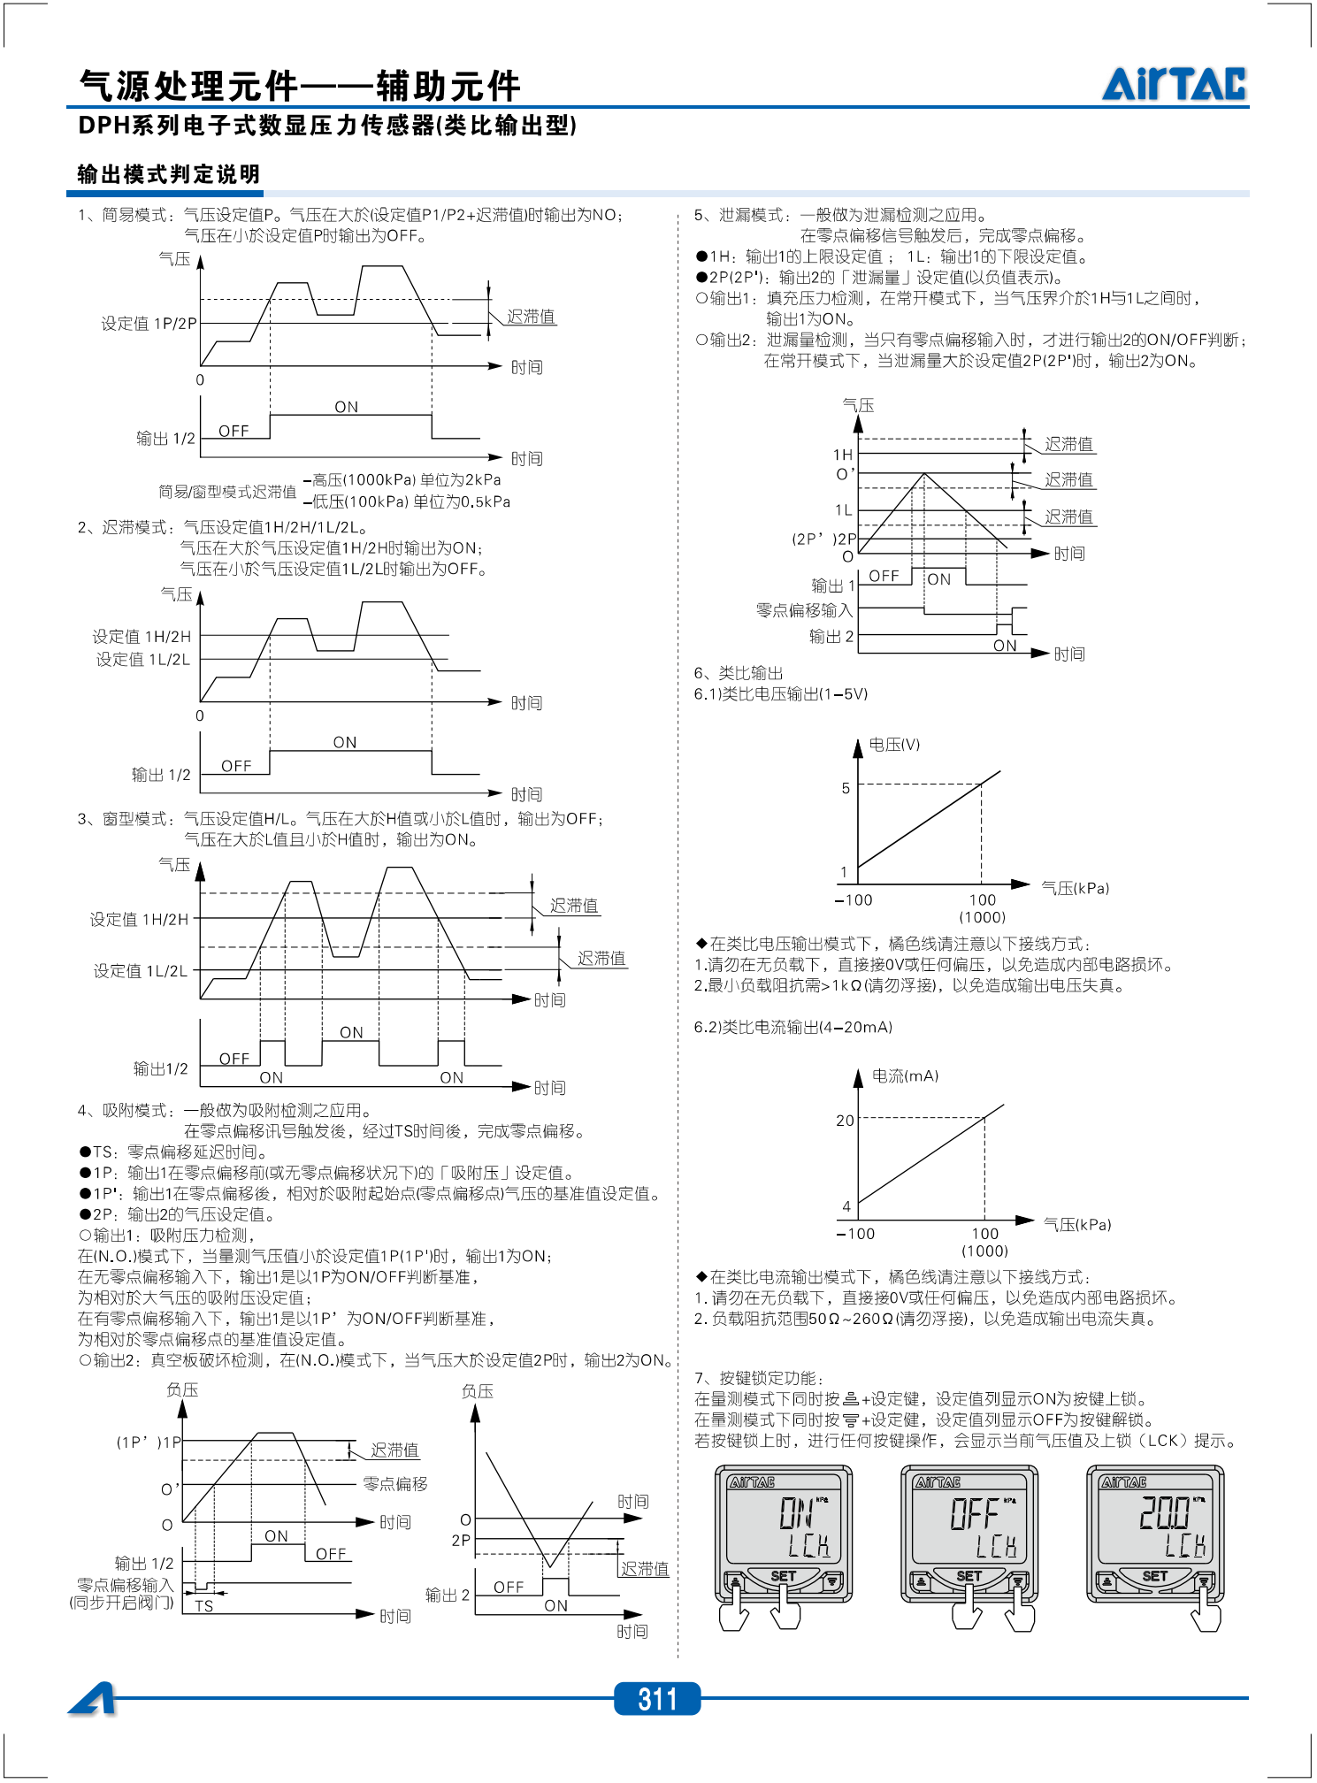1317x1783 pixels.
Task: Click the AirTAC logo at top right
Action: pos(1174,84)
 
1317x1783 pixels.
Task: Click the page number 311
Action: pos(657,1699)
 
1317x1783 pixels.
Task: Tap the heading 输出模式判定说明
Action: pos(169,174)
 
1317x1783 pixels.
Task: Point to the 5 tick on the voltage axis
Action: pos(846,788)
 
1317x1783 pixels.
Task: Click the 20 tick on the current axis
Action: pos(846,1121)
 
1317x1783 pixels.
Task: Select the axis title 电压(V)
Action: pos(894,745)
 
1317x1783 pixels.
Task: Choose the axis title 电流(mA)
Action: pos(905,1076)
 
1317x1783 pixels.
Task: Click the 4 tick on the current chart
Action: pos(846,1206)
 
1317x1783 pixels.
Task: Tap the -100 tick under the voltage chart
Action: pos(854,900)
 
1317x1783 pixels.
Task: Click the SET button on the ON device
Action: pos(783,1577)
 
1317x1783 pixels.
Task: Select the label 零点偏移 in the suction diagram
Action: pos(395,1484)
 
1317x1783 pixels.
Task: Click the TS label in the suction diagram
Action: pos(204,1606)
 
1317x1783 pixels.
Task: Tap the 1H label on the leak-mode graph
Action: pos(843,455)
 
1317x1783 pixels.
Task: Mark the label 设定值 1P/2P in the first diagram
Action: pos(149,324)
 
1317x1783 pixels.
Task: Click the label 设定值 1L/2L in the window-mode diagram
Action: pos(141,971)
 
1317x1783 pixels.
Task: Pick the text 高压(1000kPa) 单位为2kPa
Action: pos(407,480)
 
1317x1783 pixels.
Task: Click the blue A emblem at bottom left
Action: pos(93,1699)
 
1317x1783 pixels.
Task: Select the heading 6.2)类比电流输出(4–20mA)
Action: pos(792,1028)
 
